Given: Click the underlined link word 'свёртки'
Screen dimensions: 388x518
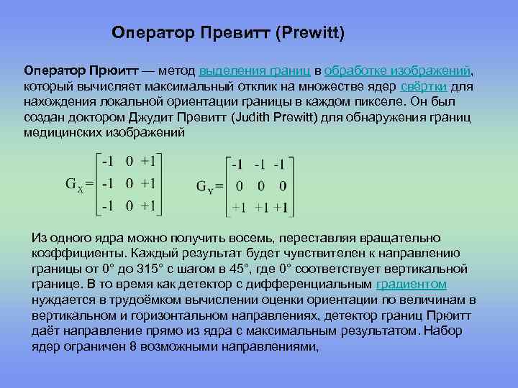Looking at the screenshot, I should (x=424, y=86).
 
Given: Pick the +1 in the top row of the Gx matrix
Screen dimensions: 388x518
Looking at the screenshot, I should (x=148, y=160).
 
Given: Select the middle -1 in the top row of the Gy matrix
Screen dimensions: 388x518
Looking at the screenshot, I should (x=260, y=164).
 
